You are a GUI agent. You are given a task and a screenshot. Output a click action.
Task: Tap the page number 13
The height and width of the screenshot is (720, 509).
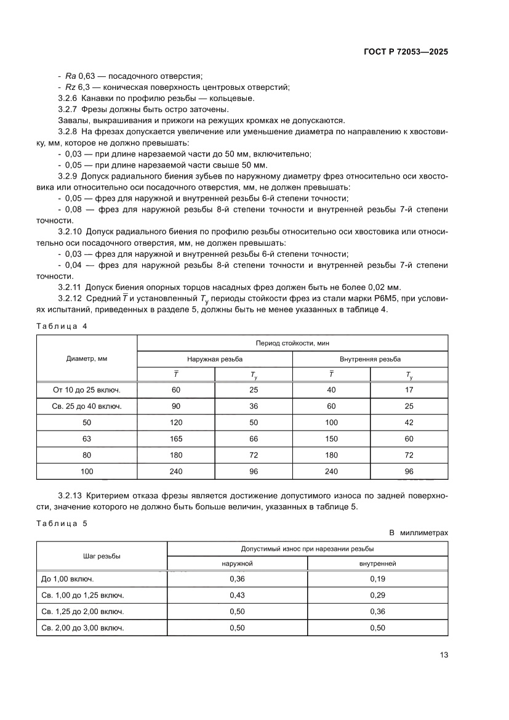click(443, 655)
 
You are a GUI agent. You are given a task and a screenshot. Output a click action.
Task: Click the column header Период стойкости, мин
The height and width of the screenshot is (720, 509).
click(292, 342)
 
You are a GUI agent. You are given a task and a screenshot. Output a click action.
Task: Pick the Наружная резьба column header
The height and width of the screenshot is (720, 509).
click(215, 358)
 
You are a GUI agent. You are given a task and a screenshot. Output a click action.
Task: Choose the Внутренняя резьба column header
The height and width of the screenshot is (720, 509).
click(370, 358)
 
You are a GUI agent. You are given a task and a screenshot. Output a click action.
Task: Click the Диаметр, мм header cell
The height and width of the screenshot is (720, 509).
click(87, 358)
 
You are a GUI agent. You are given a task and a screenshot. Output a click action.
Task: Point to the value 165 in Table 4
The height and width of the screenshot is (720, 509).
click(176, 439)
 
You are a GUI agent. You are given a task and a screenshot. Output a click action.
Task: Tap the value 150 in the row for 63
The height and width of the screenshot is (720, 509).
click(331, 439)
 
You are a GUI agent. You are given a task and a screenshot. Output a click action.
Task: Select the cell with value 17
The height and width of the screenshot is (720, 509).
click(409, 390)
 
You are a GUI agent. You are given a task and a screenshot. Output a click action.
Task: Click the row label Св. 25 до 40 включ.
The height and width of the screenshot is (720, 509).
click(87, 407)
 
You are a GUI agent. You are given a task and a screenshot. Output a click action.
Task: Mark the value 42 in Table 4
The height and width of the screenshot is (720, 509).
click(409, 423)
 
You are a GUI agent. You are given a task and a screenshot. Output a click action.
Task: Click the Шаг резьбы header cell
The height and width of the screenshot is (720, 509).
click(102, 556)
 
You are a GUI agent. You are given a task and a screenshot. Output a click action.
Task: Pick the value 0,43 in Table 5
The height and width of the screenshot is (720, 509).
click(237, 596)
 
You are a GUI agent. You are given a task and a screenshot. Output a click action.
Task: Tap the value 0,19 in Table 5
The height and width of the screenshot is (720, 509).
click(377, 580)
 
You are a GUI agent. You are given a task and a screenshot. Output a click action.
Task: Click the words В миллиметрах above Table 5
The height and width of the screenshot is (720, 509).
click(418, 533)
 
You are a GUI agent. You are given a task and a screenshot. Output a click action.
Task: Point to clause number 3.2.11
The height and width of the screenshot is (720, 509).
click(70, 287)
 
